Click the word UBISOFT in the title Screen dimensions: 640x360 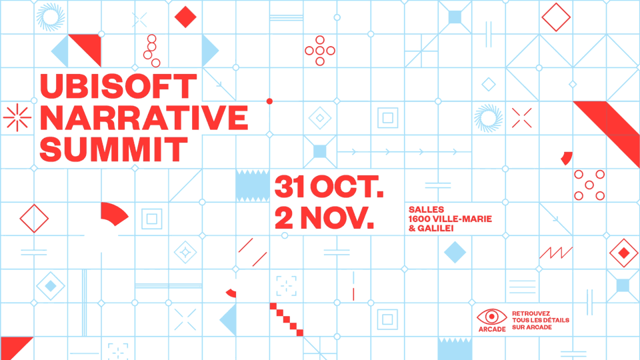click(x=119, y=86)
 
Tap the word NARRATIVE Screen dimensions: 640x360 click(x=144, y=117)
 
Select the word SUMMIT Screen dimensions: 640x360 click(x=113, y=149)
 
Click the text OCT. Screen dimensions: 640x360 click(x=347, y=186)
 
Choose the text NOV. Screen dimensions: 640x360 click(x=337, y=218)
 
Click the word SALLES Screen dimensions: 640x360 click(x=426, y=209)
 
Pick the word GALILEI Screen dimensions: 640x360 click(x=435, y=228)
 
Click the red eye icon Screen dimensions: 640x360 click(x=492, y=316)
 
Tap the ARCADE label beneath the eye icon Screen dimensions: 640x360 click(x=492, y=329)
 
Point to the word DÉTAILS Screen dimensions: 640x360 click(x=556, y=320)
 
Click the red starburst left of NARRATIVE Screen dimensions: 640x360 click(x=17, y=117)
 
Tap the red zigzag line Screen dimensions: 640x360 click(x=556, y=253)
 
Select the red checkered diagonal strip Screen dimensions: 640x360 click(x=287, y=319)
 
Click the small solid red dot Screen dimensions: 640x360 click(x=269, y=101)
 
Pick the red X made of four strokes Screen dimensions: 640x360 click(x=522, y=118)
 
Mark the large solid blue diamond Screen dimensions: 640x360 click(x=455, y=252)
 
